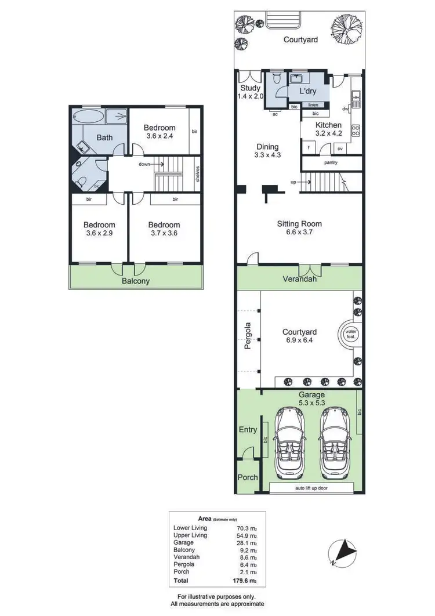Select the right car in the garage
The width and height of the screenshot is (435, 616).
333,440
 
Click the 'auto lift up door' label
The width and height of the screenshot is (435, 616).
311,488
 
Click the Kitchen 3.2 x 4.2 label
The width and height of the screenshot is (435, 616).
328,129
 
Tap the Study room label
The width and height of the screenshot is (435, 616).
251,92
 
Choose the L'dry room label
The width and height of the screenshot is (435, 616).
309,92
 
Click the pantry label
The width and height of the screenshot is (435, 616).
331,162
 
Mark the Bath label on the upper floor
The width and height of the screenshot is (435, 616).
104,137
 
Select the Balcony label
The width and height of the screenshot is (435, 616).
135,281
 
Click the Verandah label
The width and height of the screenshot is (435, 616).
299,279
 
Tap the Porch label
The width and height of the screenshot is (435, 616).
248,479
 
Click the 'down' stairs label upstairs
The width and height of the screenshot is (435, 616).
144,164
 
